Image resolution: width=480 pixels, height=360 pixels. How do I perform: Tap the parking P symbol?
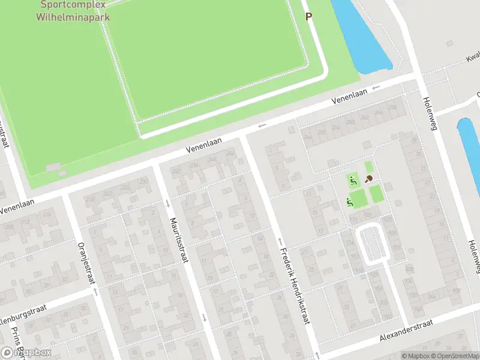tap(309, 17)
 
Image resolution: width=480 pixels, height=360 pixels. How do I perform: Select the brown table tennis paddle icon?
tap(368, 178)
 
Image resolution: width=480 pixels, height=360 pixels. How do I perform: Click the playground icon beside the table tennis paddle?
tap(353, 178)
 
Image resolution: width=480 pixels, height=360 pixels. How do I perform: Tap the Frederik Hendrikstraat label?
tap(294, 287)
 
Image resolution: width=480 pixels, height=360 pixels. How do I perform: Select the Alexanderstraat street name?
tap(407, 331)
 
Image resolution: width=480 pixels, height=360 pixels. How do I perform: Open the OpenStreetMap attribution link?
tap(453, 356)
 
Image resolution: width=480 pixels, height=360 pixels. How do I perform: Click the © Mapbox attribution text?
tap(416, 356)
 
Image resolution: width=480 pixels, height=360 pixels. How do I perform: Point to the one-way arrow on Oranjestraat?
tap(95, 293)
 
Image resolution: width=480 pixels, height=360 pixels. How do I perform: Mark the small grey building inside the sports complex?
tap(53, 166)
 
